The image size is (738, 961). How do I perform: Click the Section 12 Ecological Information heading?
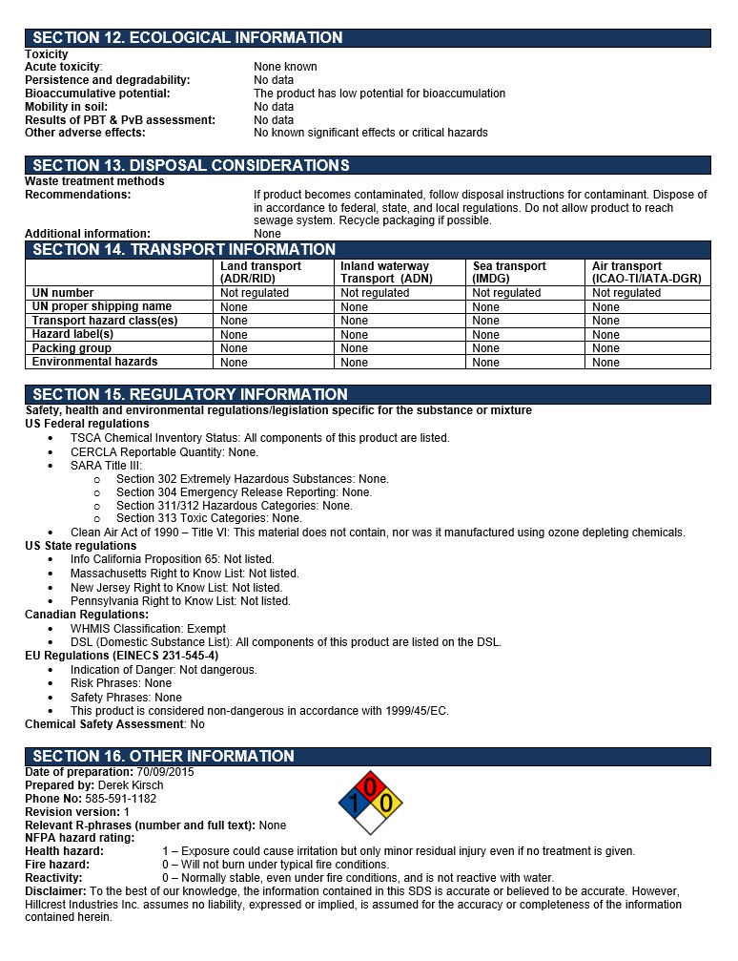click(188, 38)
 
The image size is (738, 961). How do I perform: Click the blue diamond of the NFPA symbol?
click(355, 804)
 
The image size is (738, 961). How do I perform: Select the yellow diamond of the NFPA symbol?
click(386, 804)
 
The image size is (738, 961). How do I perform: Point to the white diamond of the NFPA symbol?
click(371, 820)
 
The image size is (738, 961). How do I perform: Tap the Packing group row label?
click(72, 348)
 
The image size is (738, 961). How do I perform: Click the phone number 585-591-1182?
click(119, 799)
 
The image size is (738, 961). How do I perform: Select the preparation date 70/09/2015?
click(165, 772)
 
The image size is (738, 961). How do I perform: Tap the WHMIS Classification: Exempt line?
click(148, 629)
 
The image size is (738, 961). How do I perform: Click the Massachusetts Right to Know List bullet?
click(184, 574)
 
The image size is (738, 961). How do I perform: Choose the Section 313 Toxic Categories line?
click(209, 519)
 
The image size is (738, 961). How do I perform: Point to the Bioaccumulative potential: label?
click(97, 94)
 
